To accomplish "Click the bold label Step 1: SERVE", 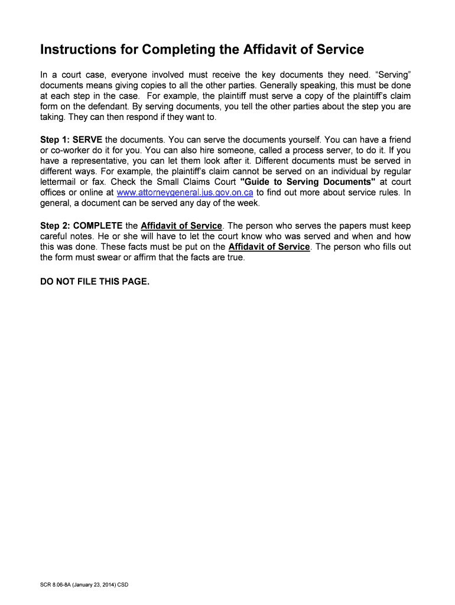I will (71, 139).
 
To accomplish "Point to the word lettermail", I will (62, 182).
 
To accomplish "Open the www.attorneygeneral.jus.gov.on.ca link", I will (186, 193).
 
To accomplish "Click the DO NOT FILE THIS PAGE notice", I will (95, 281).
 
